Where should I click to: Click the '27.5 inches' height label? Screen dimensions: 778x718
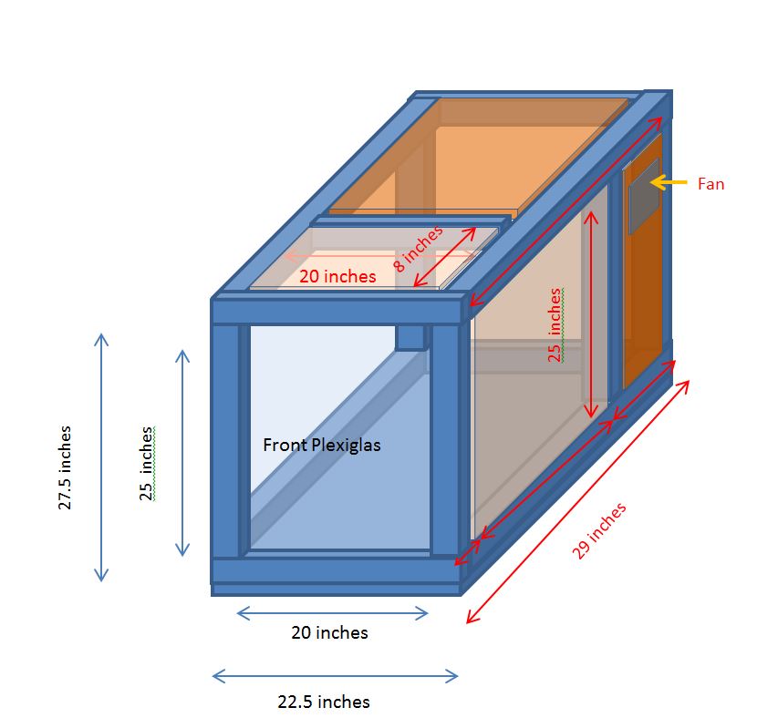65,467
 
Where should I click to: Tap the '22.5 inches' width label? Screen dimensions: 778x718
324,702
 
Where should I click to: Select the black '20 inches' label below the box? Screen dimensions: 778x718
329,632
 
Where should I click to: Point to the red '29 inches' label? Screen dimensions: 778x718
599,530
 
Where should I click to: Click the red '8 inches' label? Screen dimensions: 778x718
418,248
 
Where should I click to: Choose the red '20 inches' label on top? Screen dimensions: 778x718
337,276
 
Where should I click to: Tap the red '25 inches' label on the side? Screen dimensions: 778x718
555,325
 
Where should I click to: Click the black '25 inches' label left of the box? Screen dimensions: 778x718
146,464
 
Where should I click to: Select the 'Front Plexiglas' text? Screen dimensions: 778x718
322,445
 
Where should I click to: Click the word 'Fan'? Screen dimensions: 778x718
711,184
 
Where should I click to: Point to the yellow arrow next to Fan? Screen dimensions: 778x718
669,182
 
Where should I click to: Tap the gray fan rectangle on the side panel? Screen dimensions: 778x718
644,196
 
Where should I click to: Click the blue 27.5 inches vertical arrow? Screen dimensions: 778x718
101,457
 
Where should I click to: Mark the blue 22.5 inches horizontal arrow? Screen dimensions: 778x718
336,676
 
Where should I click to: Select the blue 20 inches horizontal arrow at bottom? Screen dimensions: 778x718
332,613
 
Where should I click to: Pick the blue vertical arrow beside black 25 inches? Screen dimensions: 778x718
182,453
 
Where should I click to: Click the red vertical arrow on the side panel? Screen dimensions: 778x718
590,314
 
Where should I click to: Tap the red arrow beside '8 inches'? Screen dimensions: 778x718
444,257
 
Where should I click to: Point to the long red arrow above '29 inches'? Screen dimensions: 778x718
578,501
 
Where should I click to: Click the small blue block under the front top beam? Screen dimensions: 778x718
410,337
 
